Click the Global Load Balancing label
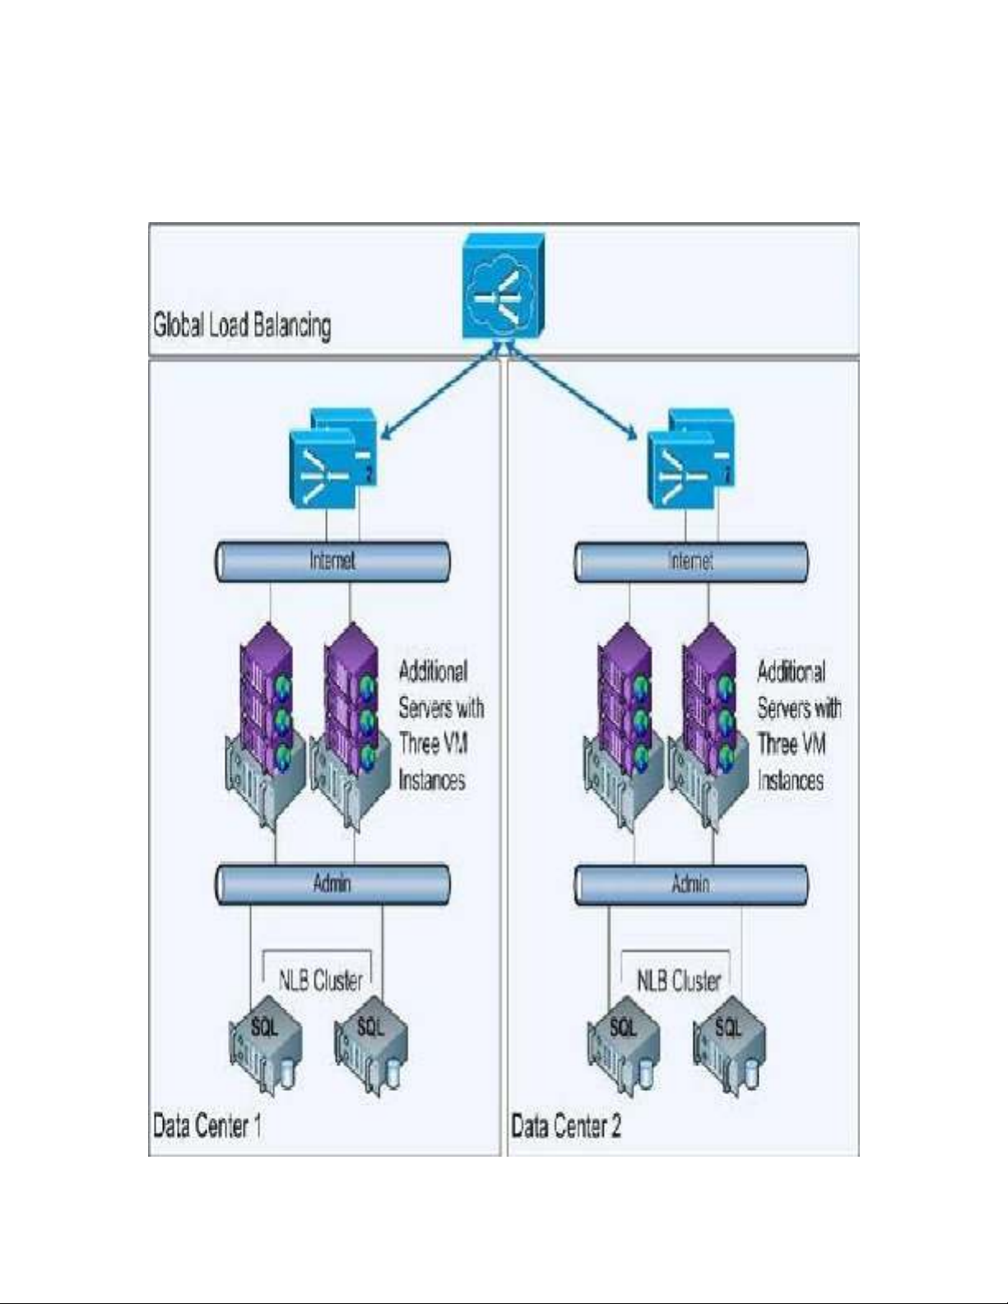pos(242,325)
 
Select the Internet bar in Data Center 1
pos(333,562)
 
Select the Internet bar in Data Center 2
pos(691,562)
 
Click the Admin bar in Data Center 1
pos(333,884)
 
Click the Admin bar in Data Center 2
pos(691,884)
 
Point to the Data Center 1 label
pos(207,1125)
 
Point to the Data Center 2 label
pos(566,1125)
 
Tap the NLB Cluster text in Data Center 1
pos(321,980)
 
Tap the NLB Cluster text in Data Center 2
pos(679,980)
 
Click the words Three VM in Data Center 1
pos(434,744)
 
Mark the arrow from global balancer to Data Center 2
pos(572,395)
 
